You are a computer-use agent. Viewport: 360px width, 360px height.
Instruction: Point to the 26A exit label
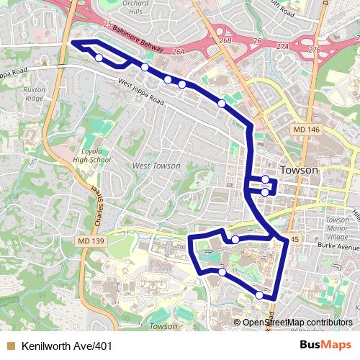[179, 52]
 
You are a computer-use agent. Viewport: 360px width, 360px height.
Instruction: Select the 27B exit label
[313, 50]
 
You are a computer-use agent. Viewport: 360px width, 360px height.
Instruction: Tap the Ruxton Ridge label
[34, 94]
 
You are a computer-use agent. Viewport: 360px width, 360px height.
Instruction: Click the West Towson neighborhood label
[156, 166]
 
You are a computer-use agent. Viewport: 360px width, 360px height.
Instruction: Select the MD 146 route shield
[306, 129]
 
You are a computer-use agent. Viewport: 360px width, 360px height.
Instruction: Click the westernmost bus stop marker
[99, 58]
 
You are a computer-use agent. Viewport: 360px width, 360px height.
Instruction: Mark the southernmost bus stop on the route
[259, 294]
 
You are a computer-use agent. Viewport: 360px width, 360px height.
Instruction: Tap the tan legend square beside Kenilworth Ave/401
[11, 346]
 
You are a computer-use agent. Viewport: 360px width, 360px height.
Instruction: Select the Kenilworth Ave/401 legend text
[67, 346]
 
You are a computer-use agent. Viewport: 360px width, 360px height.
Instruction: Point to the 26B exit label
[226, 41]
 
